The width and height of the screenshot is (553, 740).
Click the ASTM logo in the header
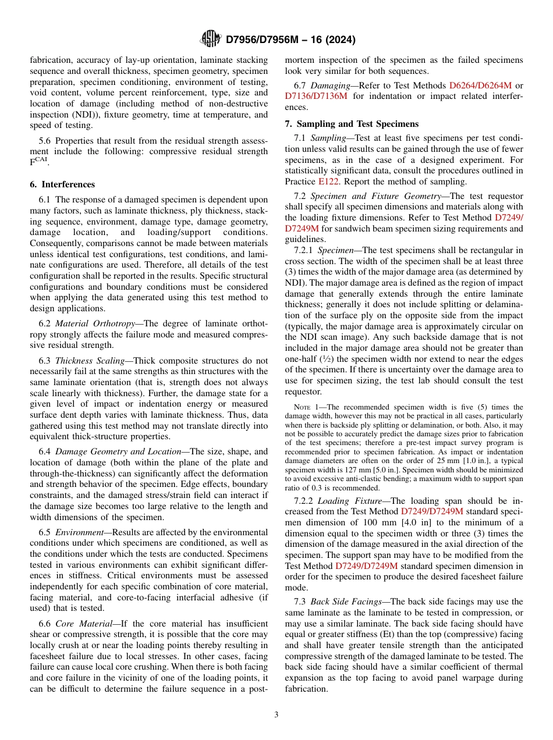pyautogui.click(x=210, y=39)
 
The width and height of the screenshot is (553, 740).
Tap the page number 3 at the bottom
pyautogui.click(x=276, y=714)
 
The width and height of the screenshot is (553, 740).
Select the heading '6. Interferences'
pyautogui.click(x=62, y=184)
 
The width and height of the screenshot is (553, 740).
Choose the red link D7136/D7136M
pyautogui.click(x=316, y=96)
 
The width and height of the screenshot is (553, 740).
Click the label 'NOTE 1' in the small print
pyautogui.click(x=306, y=407)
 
